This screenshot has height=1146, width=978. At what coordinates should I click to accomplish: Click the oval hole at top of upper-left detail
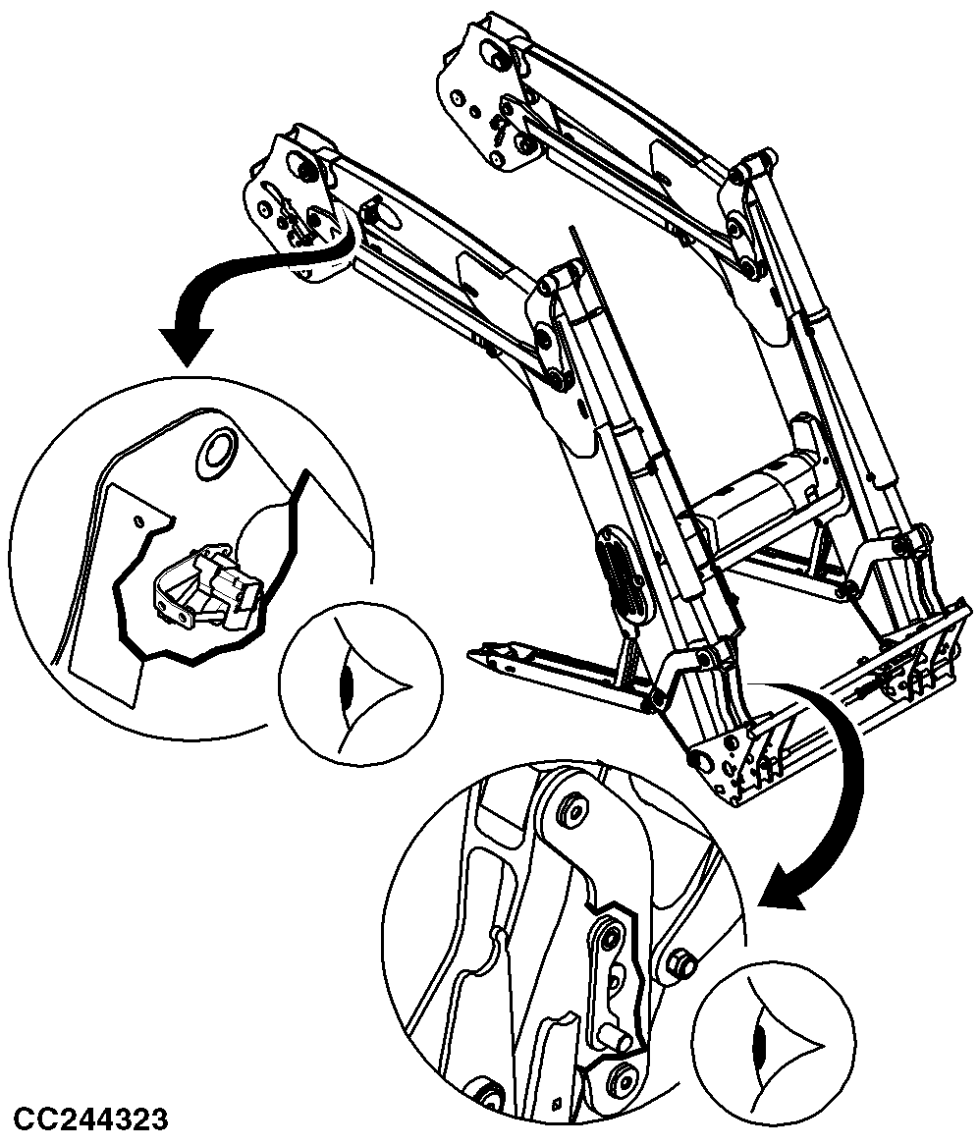tap(217, 450)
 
